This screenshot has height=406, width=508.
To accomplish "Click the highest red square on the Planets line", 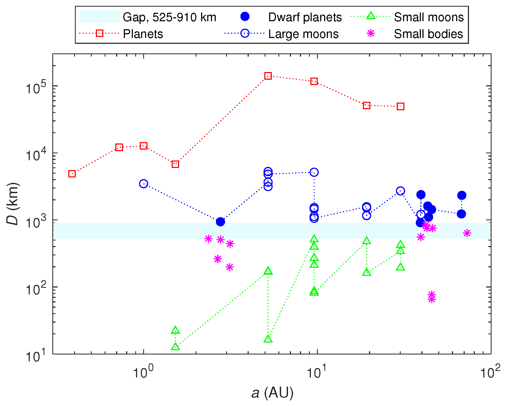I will click(268, 76).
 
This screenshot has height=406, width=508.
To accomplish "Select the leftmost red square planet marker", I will click(72, 174).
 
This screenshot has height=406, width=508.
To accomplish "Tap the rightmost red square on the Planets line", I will click(400, 107).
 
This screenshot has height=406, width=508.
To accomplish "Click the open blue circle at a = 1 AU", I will click(143, 184).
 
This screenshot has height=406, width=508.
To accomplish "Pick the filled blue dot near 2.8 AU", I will click(220, 222).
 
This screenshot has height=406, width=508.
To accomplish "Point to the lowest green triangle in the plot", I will click(175, 347).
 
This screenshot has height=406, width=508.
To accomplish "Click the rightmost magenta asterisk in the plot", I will click(467, 233).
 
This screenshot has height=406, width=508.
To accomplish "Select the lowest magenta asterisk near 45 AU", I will click(432, 299).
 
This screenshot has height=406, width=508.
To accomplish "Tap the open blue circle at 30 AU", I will click(400, 191).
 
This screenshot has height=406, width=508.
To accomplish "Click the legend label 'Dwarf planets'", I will click(305, 17).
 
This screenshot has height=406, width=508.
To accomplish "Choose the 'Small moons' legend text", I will click(429, 17).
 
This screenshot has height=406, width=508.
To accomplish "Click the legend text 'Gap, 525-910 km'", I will click(169, 17).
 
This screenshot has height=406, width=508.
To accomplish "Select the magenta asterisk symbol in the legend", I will click(371, 33).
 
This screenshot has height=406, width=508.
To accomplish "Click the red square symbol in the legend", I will click(99, 33).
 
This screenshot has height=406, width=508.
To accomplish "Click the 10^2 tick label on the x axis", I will click(490, 372).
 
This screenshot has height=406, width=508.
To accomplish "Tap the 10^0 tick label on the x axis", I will click(143, 372).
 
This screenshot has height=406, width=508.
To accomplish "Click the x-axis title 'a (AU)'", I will click(272, 392).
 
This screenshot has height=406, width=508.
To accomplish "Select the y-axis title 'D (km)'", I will click(13, 204).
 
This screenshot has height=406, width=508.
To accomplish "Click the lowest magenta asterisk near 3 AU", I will click(230, 267).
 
